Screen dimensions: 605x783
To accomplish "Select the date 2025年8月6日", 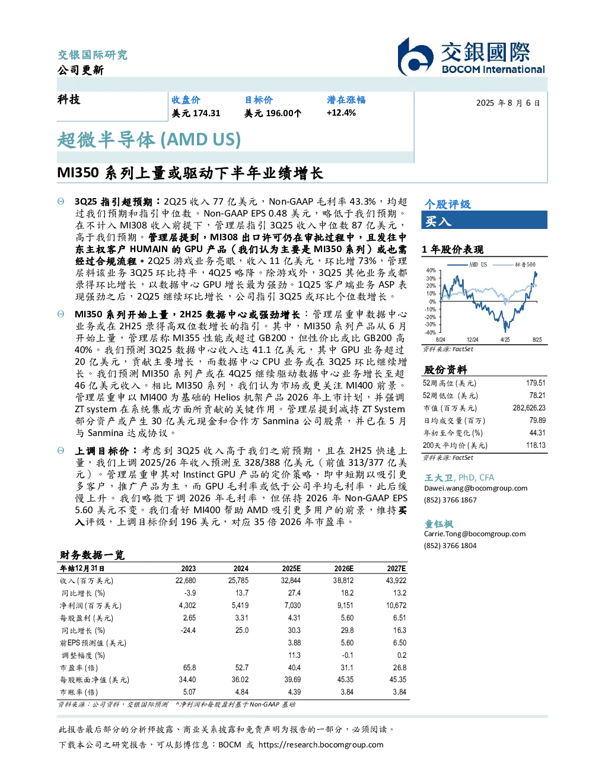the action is tap(508, 103).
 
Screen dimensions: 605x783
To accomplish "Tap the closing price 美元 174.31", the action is tap(196, 113).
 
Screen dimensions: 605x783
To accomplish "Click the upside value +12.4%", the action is tap(341, 113).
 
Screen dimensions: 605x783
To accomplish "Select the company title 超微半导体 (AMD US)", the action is tap(149, 139).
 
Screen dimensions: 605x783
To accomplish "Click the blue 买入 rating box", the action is tap(484, 220).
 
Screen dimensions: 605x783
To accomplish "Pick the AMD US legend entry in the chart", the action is tap(467, 265).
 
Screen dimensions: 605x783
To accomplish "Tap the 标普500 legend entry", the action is tap(514, 265).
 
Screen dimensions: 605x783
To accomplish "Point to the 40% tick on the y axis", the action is tap(431, 270).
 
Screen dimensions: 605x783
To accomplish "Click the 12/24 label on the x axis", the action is tap(472, 339).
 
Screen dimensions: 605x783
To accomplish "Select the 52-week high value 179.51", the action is tap(536, 383).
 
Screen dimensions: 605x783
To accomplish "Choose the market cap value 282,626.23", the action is tap(529, 408).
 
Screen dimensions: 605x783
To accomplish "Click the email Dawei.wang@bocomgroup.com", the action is tap(476, 488).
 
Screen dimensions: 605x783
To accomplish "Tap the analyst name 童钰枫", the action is tap(438, 524).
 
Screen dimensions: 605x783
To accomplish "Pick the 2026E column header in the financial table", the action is tap(344, 569).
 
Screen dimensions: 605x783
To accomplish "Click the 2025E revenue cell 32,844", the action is tap(291, 581).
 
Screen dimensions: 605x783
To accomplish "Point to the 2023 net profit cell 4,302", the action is tap(187, 606).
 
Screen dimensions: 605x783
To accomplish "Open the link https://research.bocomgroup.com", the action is tap(321, 745).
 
